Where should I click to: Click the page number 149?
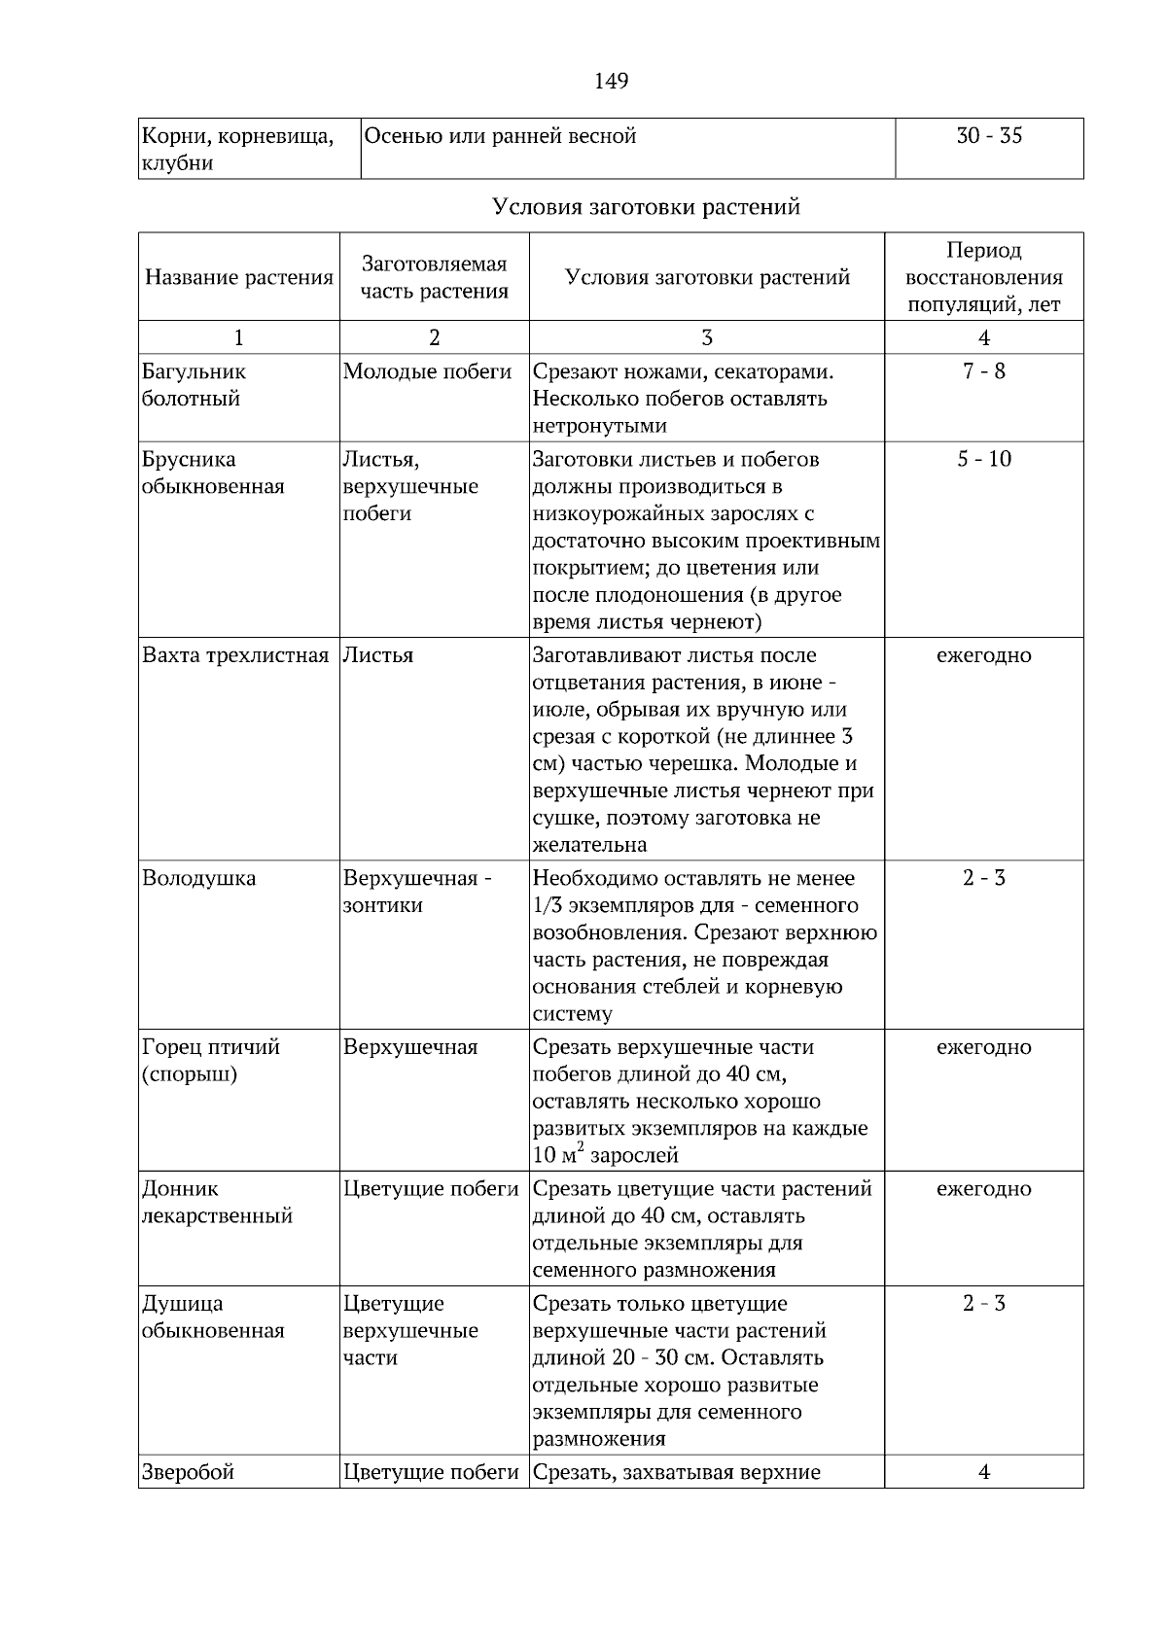(x=611, y=81)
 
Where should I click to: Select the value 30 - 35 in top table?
(x=989, y=136)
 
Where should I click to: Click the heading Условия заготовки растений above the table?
(x=646, y=207)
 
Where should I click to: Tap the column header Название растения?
(x=239, y=278)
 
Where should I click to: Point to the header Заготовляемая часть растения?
(x=434, y=278)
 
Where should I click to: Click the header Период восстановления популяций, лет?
(x=983, y=278)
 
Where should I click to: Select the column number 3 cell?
(x=706, y=338)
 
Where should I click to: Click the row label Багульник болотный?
(x=194, y=385)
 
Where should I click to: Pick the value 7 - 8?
(x=983, y=371)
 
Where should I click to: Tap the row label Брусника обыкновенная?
(x=213, y=473)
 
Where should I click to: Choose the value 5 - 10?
(x=983, y=459)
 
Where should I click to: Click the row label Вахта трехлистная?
(x=235, y=655)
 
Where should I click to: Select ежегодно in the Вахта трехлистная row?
(x=983, y=655)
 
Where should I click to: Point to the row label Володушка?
(x=199, y=879)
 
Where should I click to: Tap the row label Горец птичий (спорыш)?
(x=211, y=1061)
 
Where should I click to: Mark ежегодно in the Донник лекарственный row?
(x=983, y=1189)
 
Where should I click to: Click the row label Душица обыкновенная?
(x=213, y=1317)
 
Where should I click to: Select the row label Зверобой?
(x=189, y=1472)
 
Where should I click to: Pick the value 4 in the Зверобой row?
(x=983, y=1472)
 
